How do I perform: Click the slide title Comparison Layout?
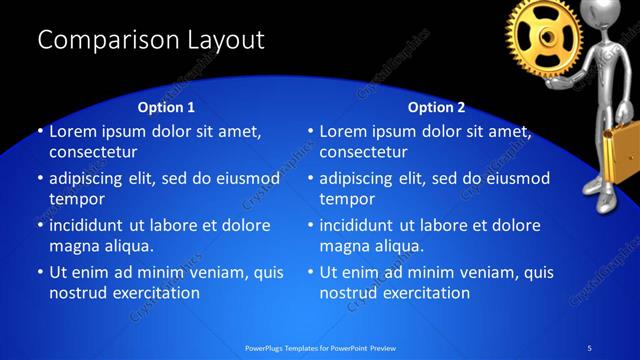150,40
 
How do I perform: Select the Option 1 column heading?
165,107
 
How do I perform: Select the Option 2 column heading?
436,107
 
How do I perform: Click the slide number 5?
589,347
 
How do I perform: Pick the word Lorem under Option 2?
344,131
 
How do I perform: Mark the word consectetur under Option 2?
363,152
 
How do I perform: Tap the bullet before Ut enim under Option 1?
39,272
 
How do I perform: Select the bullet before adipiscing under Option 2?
310,178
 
